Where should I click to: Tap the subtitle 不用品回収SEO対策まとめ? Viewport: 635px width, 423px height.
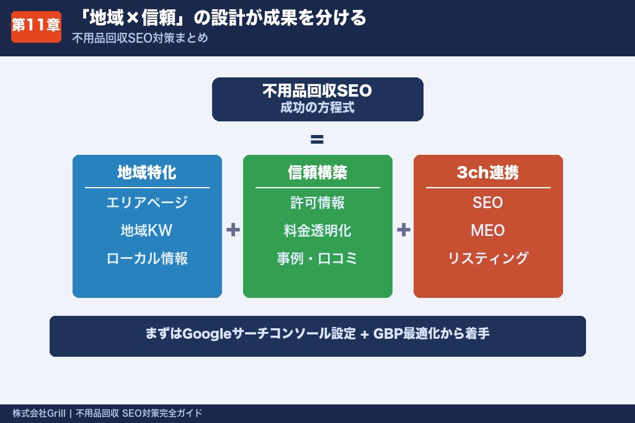coord(140,38)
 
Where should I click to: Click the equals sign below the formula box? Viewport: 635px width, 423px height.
coord(317,139)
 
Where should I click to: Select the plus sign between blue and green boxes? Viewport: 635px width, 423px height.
coord(233,230)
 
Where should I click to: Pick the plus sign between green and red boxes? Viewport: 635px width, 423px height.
coord(403,230)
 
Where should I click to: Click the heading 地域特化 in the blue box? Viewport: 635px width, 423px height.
coord(147,173)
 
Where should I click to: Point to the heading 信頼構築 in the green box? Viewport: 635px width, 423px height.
coord(317,173)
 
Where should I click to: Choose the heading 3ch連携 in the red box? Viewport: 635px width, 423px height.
coord(487,173)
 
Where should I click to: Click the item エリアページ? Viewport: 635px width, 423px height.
coord(147,203)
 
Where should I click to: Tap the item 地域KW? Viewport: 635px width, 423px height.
coord(147,230)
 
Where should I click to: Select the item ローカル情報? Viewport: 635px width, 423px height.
coord(147,258)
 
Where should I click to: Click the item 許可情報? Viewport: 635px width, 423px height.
coord(317,203)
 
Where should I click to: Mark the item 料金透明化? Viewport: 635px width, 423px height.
coord(317,230)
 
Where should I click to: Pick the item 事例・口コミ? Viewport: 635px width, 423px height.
coord(317,258)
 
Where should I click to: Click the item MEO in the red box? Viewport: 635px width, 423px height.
coord(487,230)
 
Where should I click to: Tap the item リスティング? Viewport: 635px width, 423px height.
coord(487,258)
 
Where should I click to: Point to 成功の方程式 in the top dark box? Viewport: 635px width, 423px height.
coord(317,108)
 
